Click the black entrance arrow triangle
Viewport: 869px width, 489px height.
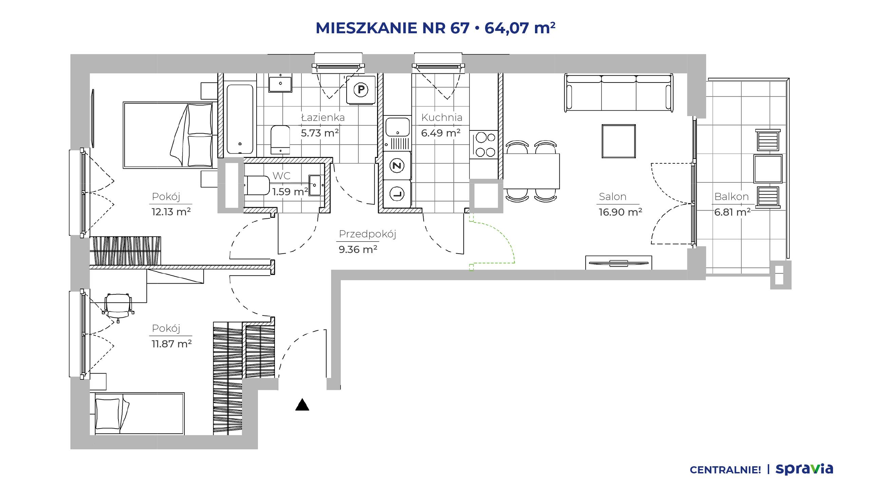pos(302,405)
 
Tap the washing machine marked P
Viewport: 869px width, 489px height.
pos(361,90)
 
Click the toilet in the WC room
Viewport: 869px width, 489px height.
pos(257,185)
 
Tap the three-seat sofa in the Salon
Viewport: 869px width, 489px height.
pos(619,93)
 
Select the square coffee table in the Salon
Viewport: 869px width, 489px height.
pos(618,141)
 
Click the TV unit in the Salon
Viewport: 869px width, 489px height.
pos(618,262)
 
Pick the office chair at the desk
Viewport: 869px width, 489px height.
pos(117,307)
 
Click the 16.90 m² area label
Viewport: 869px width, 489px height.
pos(620,212)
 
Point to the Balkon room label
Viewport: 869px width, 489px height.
pos(732,197)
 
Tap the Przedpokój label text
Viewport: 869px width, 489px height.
pos(368,234)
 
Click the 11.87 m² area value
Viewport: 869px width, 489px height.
pos(172,344)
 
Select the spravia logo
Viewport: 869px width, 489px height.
pos(804,469)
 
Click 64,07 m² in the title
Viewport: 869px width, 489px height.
pos(520,28)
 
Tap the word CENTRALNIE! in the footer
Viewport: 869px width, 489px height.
pos(725,470)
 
